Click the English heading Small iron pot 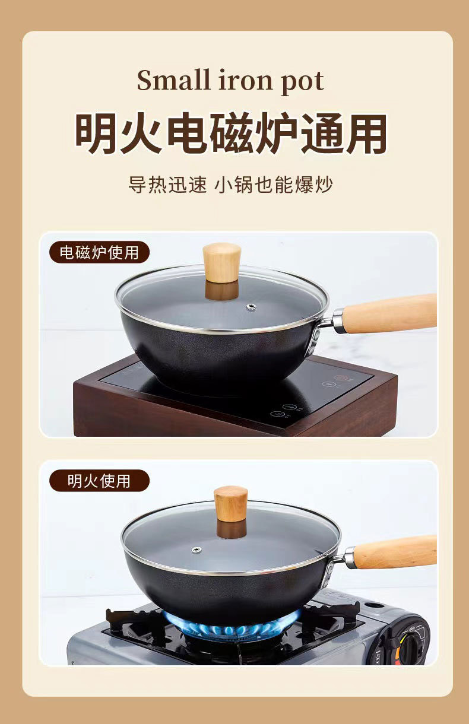click(x=230, y=80)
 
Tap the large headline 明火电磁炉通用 click(x=232, y=133)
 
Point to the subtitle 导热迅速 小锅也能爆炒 click(x=230, y=184)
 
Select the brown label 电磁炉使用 click(x=99, y=252)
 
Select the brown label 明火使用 click(x=99, y=480)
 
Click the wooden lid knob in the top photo click(x=221, y=262)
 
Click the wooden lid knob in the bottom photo click(x=230, y=503)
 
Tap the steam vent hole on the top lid click(x=251, y=307)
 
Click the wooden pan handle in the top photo click(x=391, y=313)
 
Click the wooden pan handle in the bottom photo click(x=395, y=552)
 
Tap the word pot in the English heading click(x=302, y=81)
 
